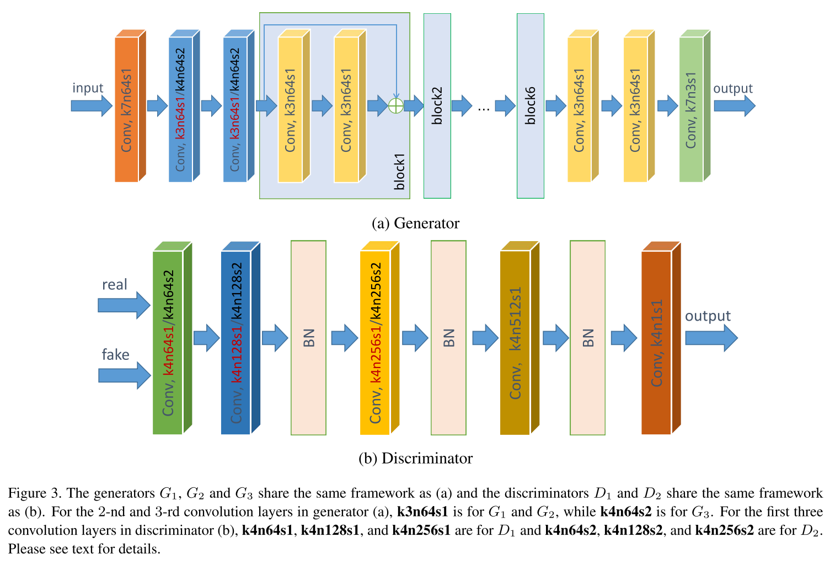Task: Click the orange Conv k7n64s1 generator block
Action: [127, 109]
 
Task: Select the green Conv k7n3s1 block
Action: [691, 109]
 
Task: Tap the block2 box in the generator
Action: [437, 106]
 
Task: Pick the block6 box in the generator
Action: [530, 106]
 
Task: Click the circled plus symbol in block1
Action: [396, 105]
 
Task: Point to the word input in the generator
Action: [88, 88]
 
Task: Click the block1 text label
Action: [400, 172]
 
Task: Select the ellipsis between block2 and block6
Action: [484, 107]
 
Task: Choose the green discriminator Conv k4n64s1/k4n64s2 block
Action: [168, 342]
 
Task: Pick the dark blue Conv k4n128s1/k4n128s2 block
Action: [236, 342]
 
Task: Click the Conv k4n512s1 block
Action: [515, 342]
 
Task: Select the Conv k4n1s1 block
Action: [656, 342]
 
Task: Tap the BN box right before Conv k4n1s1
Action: [587, 338]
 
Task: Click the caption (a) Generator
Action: [415, 224]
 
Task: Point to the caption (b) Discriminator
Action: [415, 459]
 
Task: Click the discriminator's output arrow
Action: [711, 338]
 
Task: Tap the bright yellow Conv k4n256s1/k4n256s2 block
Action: [375, 342]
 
